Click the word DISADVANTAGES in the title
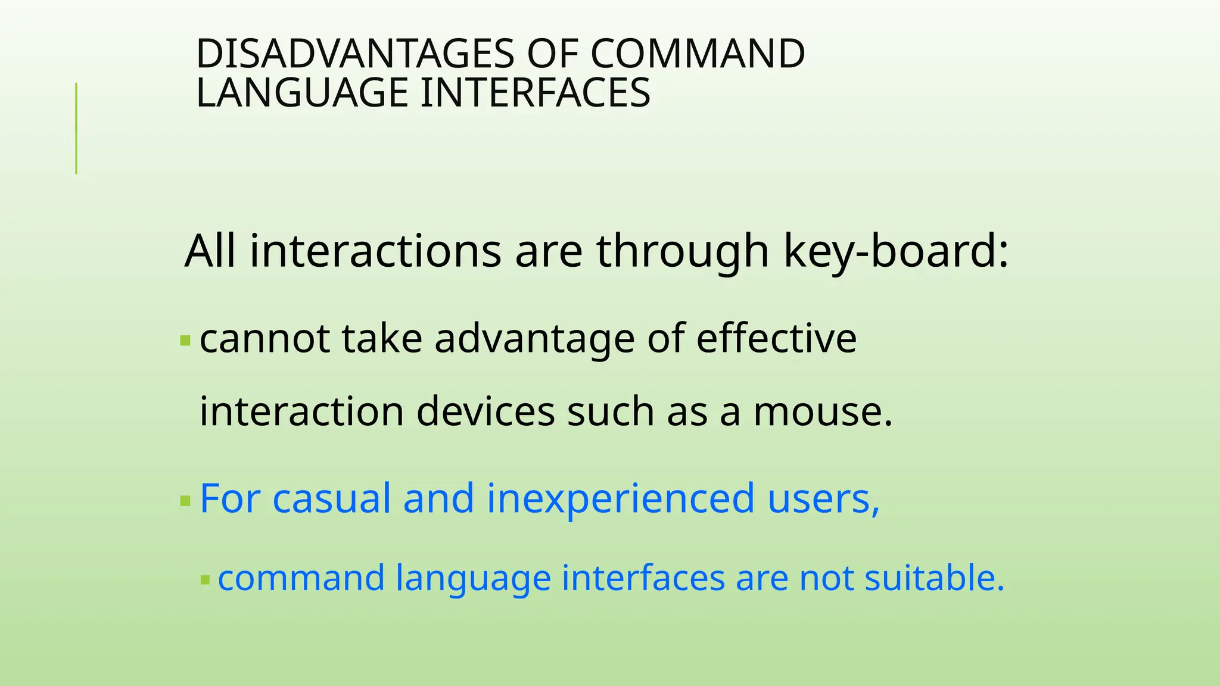(x=354, y=54)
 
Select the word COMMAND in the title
(x=698, y=54)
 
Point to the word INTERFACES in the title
(x=535, y=93)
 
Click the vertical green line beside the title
(x=76, y=128)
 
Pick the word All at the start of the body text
(x=210, y=251)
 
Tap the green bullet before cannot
(x=185, y=341)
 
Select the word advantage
(x=534, y=339)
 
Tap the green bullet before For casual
(x=185, y=501)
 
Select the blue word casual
(x=331, y=498)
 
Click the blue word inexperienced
(x=620, y=500)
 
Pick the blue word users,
(x=823, y=498)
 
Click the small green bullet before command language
(x=206, y=579)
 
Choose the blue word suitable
(x=934, y=578)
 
